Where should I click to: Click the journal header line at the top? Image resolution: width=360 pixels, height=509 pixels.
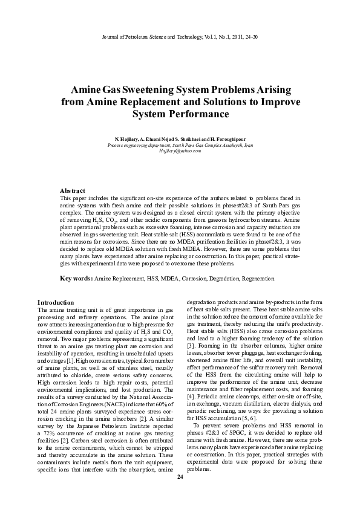pyautogui.click(x=180, y=37)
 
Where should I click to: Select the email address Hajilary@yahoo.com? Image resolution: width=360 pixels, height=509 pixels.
pyautogui.click(x=180, y=151)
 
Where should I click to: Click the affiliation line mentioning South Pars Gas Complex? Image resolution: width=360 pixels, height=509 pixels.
pyautogui.click(x=180, y=146)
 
